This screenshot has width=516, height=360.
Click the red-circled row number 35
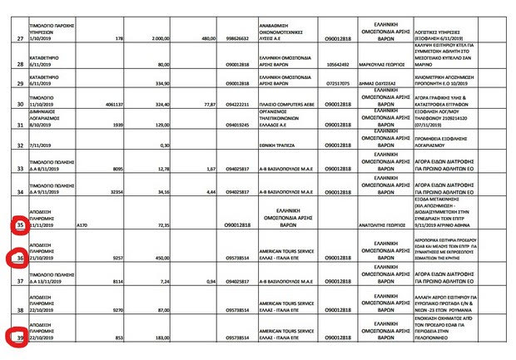point(18,224)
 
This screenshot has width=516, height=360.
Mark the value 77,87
point(209,105)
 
